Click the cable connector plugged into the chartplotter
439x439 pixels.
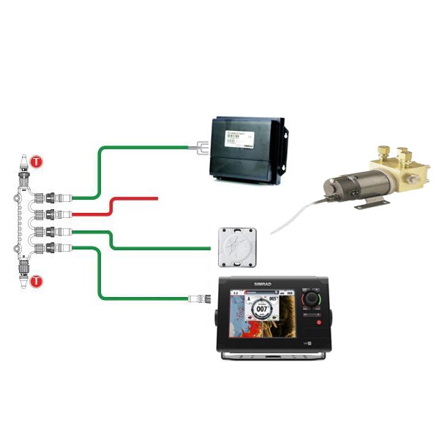tap(200, 298)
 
